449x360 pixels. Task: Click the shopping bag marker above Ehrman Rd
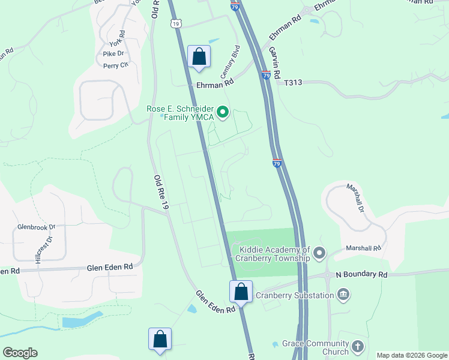coord(199,57)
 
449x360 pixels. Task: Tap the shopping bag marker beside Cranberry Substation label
coord(241,292)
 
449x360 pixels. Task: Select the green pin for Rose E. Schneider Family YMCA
coord(223,112)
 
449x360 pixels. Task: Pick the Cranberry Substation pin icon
coord(343,294)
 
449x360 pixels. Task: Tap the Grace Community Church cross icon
coord(358,346)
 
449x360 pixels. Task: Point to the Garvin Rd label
coord(275,63)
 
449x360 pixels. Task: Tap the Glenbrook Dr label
coord(36,227)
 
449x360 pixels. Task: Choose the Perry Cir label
coord(116,66)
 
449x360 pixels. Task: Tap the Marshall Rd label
coord(364,248)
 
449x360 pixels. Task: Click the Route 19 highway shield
coord(175,23)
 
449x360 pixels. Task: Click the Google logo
coord(20,352)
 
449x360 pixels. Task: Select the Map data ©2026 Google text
coord(411,355)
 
